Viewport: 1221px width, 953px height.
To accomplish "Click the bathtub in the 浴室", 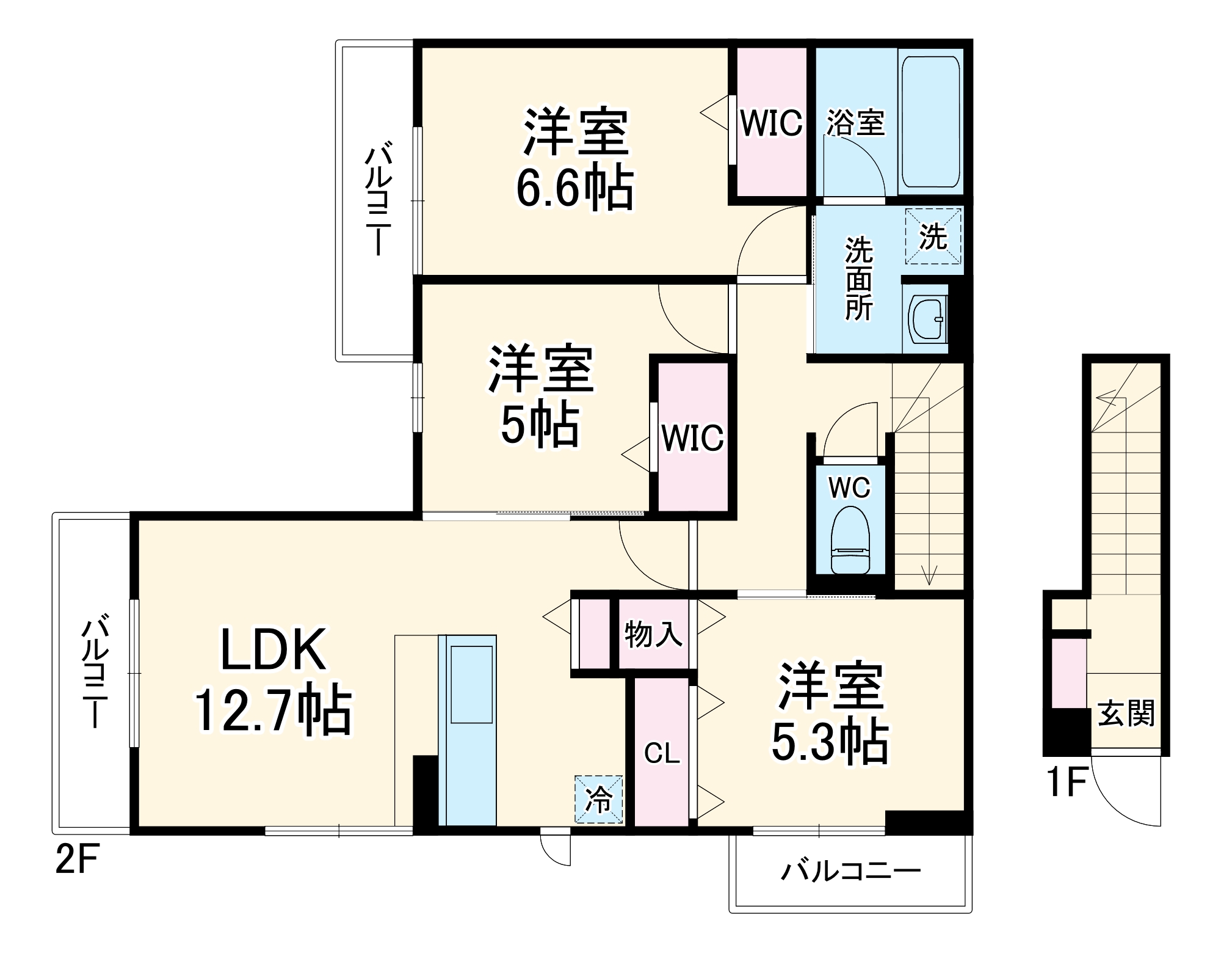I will click(x=930, y=122).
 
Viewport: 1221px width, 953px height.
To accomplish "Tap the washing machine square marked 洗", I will click(x=933, y=236).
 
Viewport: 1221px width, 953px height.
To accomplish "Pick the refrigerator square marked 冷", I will click(x=598, y=800).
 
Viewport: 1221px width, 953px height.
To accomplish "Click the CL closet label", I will click(x=662, y=753).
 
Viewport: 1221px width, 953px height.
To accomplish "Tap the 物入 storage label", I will click(x=653, y=635).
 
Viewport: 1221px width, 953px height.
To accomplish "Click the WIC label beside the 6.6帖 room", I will click(x=771, y=123).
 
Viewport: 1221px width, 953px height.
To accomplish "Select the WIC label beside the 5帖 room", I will click(x=692, y=438).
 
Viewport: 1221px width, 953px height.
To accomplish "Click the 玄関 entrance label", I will click(x=1126, y=713).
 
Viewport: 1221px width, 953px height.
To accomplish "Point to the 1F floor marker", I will click(x=1066, y=783).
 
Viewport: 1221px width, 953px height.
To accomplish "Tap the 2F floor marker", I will click(x=77, y=860).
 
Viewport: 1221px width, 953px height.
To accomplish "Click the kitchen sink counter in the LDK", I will click(x=471, y=684).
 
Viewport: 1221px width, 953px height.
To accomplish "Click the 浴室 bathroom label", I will click(x=855, y=123).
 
